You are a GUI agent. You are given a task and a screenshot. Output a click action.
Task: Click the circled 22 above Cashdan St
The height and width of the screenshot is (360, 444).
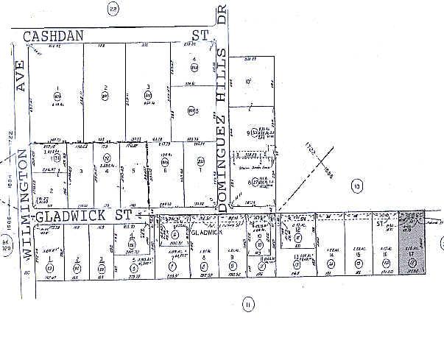coord(113,9)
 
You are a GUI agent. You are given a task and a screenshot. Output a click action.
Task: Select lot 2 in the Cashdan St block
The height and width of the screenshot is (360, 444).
coord(105,88)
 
